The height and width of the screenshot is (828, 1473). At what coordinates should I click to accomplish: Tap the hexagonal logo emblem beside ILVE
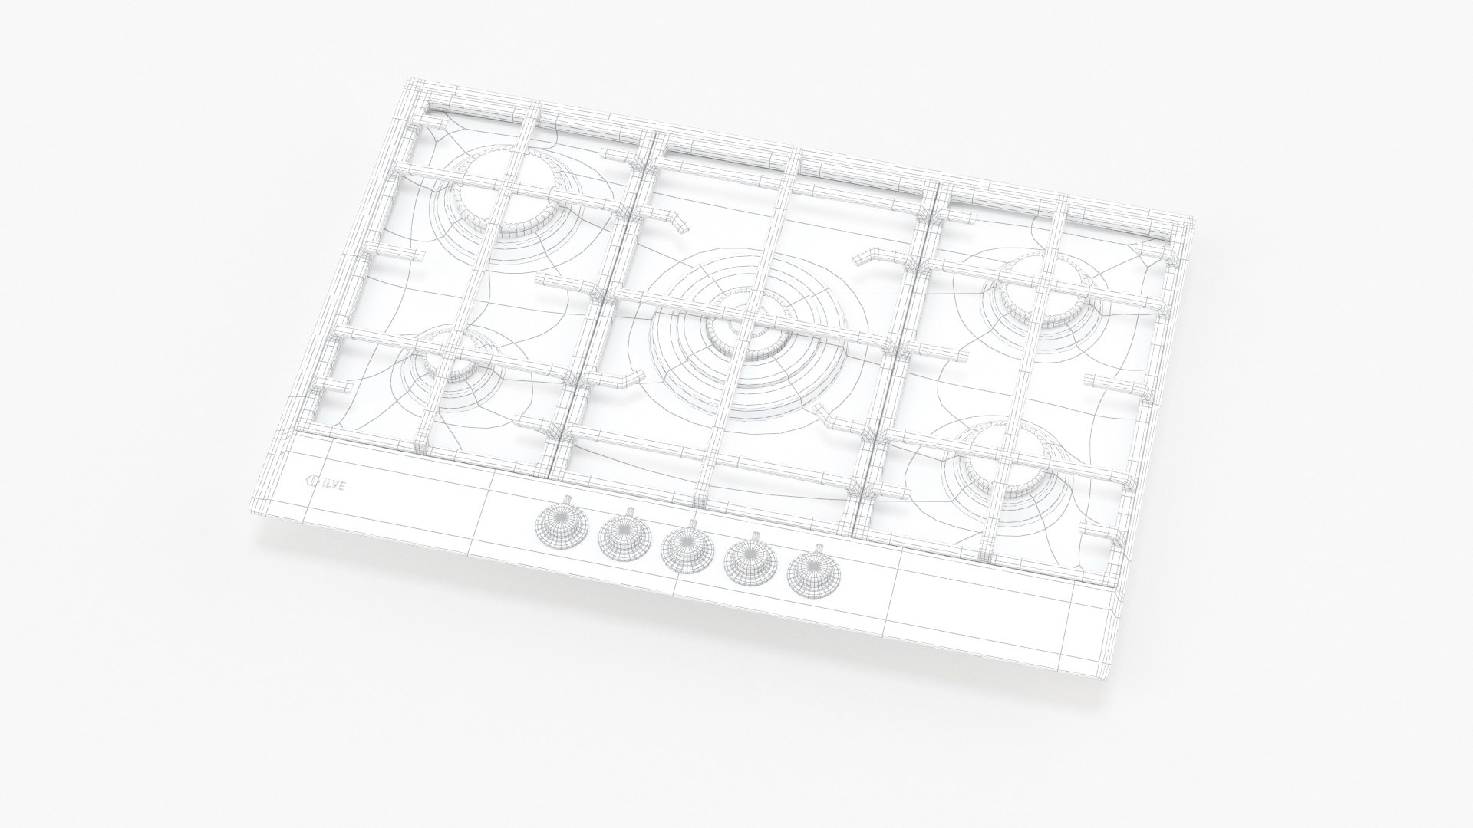pyautogui.click(x=311, y=481)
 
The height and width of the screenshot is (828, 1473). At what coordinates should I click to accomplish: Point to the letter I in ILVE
pyautogui.click(x=323, y=482)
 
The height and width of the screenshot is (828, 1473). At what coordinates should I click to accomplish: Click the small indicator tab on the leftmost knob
pyautogui.click(x=566, y=500)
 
